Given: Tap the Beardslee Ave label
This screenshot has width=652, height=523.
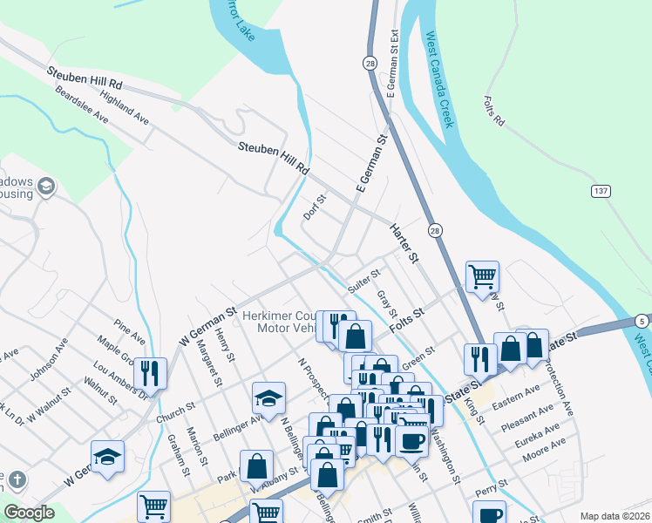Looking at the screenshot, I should click(80, 105).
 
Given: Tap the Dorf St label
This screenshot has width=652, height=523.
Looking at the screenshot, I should click(314, 207).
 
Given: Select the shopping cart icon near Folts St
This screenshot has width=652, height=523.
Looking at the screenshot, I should click(482, 277).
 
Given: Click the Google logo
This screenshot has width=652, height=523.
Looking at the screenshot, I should click(29, 513).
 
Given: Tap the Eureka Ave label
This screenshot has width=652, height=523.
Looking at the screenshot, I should click(539, 433).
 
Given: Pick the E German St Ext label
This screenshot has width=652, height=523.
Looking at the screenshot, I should click(393, 62).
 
